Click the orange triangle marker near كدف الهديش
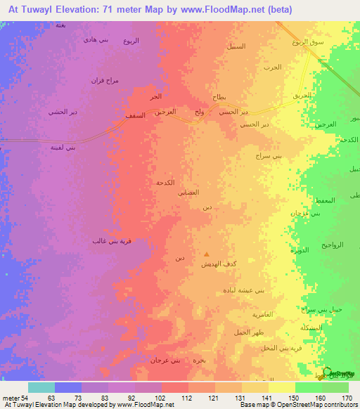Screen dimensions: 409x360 pos(206,254)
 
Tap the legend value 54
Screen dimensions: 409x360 pos(30,398)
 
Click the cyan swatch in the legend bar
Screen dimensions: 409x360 pos(41,387)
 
